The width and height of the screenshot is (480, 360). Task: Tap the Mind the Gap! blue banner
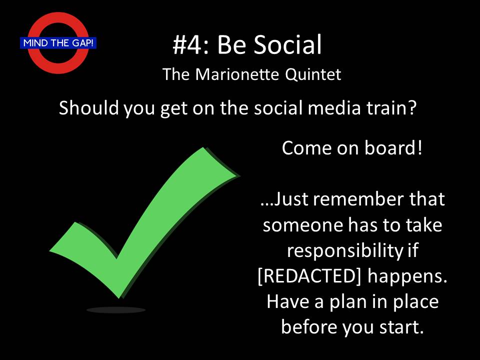[58, 42]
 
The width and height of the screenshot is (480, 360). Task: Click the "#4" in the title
[186, 44]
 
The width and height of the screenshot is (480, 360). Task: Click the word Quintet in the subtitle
[313, 74]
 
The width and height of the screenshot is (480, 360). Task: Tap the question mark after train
[412, 108]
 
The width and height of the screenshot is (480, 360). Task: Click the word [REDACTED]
[309, 276]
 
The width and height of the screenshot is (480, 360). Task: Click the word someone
[303, 225]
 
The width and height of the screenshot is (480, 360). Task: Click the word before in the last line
[309, 327]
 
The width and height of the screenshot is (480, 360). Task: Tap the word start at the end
[401, 327]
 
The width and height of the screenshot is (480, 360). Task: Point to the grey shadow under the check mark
[115, 310]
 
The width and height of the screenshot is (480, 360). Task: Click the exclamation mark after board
[419, 148]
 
